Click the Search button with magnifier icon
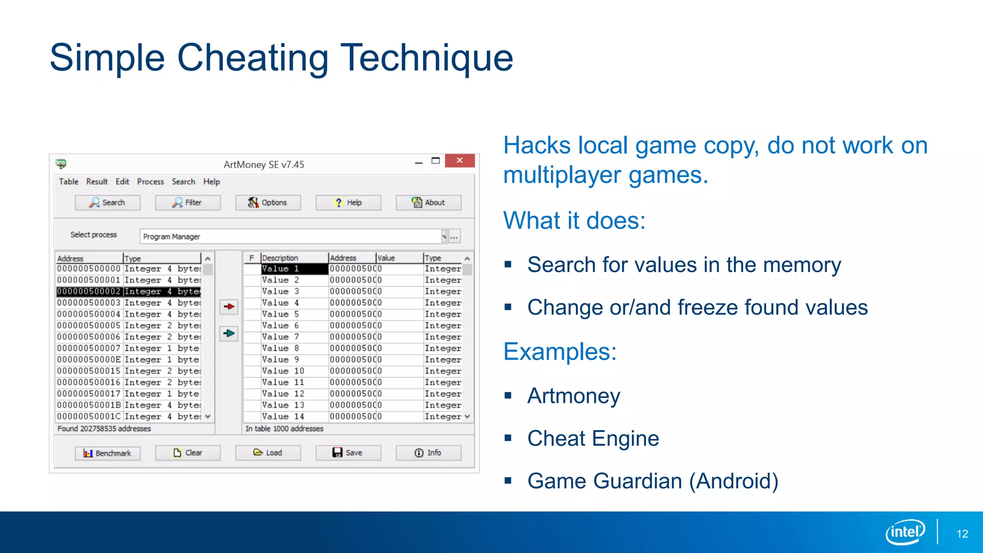(108, 203)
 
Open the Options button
(268, 203)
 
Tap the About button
(428, 203)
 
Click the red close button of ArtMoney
(459, 161)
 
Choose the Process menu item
(150, 181)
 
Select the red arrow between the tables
(229, 306)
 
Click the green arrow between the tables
(229, 333)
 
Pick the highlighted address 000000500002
(89, 291)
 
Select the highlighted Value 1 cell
(294, 269)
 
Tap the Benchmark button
(108, 453)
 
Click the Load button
(268, 453)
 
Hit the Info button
(428, 453)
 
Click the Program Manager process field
(290, 237)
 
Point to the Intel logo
(905, 532)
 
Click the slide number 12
(962, 534)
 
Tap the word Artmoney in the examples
(574, 396)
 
